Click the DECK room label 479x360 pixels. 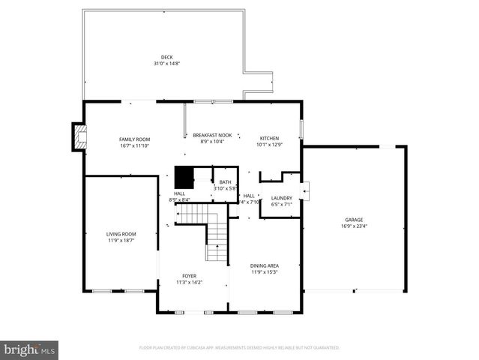[x=166, y=57]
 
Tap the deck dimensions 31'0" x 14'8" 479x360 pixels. [x=166, y=63]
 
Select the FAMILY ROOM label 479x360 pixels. [x=135, y=139]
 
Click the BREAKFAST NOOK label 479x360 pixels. [x=212, y=134]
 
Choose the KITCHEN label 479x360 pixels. [x=269, y=139]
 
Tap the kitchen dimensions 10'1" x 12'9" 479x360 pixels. [x=269, y=145]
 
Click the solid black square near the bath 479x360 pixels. [x=184, y=178]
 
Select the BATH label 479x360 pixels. [x=225, y=182]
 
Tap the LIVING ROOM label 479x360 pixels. [x=120, y=235]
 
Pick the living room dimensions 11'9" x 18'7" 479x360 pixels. [x=120, y=241]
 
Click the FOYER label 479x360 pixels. [x=190, y=276]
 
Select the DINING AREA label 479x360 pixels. [x=264, y=265]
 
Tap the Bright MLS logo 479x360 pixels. [x=29, y=349]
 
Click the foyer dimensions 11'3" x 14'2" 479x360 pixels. [x=190, y=282]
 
